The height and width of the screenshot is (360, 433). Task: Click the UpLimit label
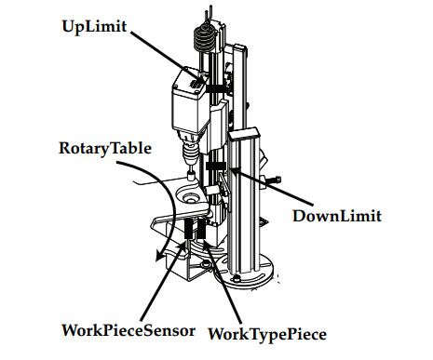94,27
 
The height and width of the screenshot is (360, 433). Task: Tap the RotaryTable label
105,148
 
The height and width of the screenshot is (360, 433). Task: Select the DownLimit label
337,216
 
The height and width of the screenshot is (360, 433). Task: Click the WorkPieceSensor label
129,330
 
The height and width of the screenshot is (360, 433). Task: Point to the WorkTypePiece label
267,334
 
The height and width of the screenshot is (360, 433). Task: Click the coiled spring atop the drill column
204,38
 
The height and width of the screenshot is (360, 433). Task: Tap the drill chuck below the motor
190,152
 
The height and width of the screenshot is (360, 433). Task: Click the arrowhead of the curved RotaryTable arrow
161,256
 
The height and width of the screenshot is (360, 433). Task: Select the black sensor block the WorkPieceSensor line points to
188,229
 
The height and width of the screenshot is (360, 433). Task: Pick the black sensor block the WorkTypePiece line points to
201,229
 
